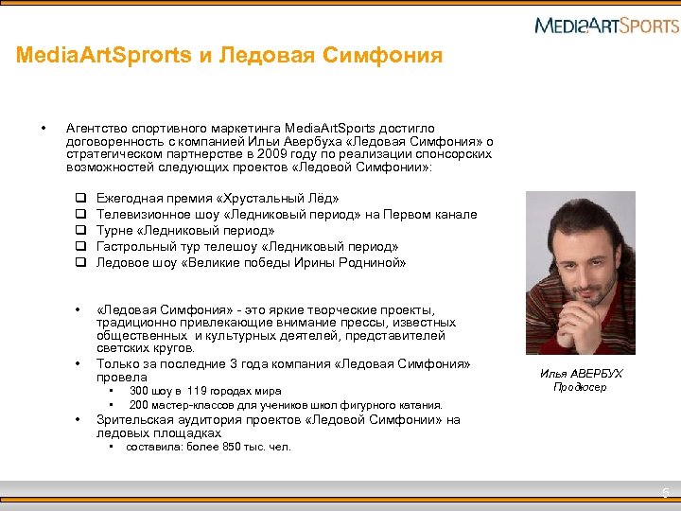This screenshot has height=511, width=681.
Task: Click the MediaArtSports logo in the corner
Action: point(605,25)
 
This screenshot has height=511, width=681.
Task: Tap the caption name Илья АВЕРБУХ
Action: point(581,374)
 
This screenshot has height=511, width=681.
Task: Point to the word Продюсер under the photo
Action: point(580,387)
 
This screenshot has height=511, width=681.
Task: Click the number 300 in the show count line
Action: point(140,391)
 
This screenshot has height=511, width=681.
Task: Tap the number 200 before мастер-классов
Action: point(140,405)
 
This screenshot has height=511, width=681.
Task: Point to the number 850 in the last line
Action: point(239,447)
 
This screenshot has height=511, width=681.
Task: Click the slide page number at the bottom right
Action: point(666,492)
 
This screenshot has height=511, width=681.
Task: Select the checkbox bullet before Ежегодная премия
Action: point(80,199)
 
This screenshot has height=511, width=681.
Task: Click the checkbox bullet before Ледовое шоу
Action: point(80,263)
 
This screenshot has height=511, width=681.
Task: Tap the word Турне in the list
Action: point(114,231)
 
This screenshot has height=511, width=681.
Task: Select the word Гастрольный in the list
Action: point(134,247)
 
